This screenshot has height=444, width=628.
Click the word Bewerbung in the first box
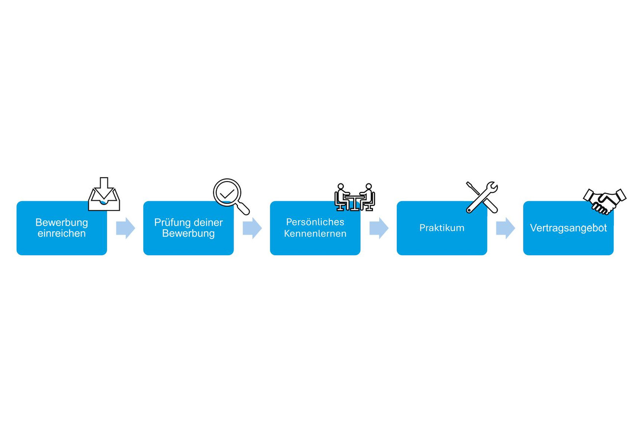pyautogui.click(x=62, y=223)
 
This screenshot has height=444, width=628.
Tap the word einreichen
pyautogui.click(x=62, y=234)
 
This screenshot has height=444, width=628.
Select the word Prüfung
pyautogui.click(x=171, y=223)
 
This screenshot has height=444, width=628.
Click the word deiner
pyautogui.click(x=208, y=223)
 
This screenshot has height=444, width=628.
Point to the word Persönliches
pyautogui.click(x=315, y=222)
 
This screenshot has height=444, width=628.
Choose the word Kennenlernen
pyautogui.click(x=315, y=234)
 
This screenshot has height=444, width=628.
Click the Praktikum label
pyautogui.click(x=442, y=228)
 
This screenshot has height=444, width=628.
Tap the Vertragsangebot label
pyautogui.click(x=568, y=228)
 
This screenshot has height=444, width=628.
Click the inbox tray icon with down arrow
pyautogui.click(x=104, y=194)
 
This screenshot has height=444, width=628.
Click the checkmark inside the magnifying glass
pyautogui.click(x=227, y=194)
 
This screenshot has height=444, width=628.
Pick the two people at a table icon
pyautogui.click(x=355, y=197)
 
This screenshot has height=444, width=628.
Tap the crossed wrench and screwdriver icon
pyautogui.click(x=482, y=197)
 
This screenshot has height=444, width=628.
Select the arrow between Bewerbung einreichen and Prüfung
pyautogui.click(x=125, y=228)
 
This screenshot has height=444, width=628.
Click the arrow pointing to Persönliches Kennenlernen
pyautogui.click(x=252, y=228)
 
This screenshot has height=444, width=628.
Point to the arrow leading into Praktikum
pyautogui.click(x=379, y=228)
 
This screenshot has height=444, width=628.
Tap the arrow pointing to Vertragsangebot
pyautogui.click(x=505, y=228)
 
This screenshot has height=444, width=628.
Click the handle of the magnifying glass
pyautogui.click(x=243, y=209)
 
